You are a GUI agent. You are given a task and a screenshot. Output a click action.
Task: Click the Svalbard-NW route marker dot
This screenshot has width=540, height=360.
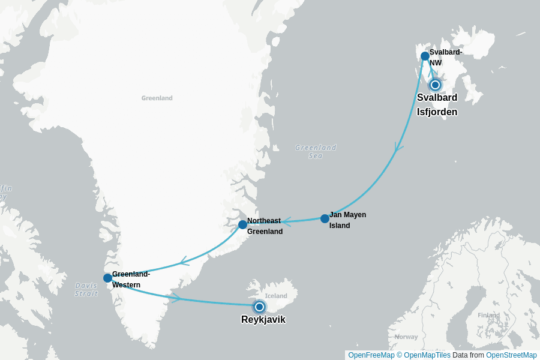point(425,56)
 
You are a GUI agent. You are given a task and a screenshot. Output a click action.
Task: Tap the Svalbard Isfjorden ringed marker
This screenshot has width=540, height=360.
point(435,85)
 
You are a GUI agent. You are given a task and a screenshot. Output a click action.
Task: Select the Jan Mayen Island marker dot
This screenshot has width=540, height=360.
point(325,218)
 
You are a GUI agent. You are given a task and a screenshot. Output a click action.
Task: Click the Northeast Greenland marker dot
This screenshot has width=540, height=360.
point(242,224)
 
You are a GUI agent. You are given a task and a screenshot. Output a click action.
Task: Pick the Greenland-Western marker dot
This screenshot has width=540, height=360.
point(107,278)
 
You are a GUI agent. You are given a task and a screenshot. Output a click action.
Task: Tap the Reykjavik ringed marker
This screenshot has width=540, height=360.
point(259,307)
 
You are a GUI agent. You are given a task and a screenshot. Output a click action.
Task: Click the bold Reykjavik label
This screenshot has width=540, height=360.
point(263,320)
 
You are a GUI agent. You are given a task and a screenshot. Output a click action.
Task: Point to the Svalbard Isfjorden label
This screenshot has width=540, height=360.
point(437,104)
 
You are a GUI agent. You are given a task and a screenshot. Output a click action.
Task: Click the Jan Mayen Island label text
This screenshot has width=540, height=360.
point(347,220)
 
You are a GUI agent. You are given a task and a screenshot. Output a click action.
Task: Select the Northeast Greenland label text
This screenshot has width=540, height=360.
point(265,226)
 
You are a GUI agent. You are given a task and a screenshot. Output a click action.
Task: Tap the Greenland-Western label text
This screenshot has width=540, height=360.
point(131,280)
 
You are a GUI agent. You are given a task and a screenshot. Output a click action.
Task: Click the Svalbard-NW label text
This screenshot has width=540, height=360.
point(445,57)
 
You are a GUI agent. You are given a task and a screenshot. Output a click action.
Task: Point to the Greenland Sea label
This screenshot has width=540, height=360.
point(316,151)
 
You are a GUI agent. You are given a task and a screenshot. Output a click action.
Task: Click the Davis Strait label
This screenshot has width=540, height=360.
point(86,289)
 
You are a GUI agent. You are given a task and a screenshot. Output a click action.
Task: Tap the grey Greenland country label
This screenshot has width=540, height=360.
point(157,98)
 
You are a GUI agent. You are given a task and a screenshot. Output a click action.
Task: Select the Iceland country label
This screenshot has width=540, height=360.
point(277,296)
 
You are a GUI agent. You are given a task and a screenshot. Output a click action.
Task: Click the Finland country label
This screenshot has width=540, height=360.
point(488,315)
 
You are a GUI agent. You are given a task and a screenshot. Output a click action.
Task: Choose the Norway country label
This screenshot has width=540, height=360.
point(406,337)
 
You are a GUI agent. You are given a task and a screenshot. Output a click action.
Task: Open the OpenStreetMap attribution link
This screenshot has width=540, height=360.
point(511,355)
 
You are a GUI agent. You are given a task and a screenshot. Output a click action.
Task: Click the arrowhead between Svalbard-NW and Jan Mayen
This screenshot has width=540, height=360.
point(398,148)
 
